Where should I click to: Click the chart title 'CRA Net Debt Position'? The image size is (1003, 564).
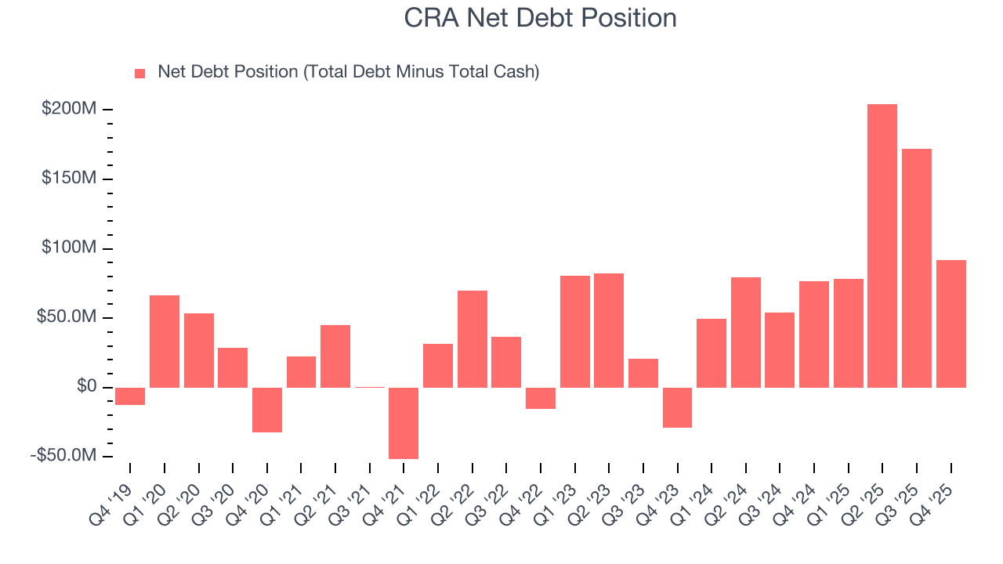coord(540,17)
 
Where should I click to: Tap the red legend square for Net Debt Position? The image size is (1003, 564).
coord(140,73)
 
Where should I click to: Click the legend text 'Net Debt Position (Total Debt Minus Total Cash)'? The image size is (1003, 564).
coord(348,72)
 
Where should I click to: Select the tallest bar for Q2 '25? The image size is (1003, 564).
coord(882,246)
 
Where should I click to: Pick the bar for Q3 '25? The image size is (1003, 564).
coord(916,268)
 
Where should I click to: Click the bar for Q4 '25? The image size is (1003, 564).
coord(950,324)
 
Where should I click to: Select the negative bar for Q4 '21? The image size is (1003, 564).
coord(404,423)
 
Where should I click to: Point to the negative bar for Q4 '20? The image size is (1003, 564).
coord(267,410)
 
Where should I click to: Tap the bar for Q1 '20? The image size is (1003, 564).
coord(165,342)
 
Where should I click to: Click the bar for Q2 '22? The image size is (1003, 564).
coord(473,339)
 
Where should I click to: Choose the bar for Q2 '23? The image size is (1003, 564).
coord(609,331)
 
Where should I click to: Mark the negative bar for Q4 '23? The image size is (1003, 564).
coord(677,407)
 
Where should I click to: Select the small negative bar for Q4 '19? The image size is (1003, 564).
coord(130,396)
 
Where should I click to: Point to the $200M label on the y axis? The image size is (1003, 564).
coord(69,109)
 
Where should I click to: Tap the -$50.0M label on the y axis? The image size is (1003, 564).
coord(66,456)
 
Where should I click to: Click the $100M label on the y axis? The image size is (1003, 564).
coord(69,248)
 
